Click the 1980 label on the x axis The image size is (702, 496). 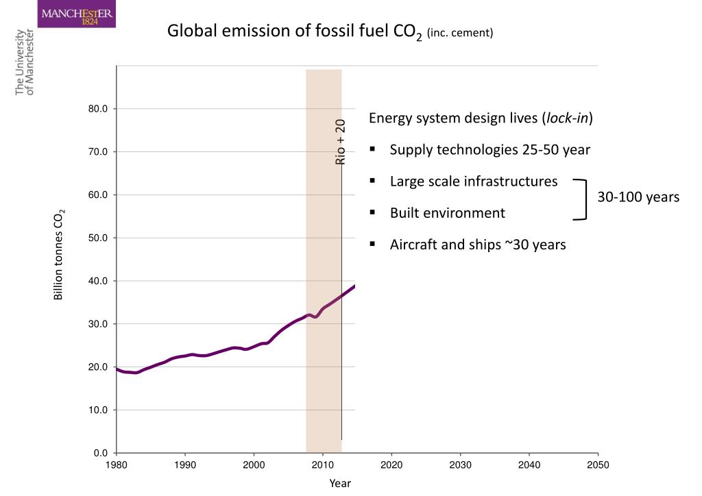click(117, 465)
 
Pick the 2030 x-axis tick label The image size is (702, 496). click(460, 465)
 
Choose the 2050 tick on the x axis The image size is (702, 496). click(598, 465)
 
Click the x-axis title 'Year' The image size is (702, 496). click(340, 483)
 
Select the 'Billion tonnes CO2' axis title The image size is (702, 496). click(60, 254)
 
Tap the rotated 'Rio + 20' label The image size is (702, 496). click(341, 142)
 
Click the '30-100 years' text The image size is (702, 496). click(638, 197)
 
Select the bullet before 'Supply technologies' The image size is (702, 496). click(372, 149)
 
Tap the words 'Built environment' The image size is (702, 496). click(447, 213)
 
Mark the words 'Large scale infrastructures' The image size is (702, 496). click(474, 182)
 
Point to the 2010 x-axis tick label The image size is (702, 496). click(322, 465)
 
